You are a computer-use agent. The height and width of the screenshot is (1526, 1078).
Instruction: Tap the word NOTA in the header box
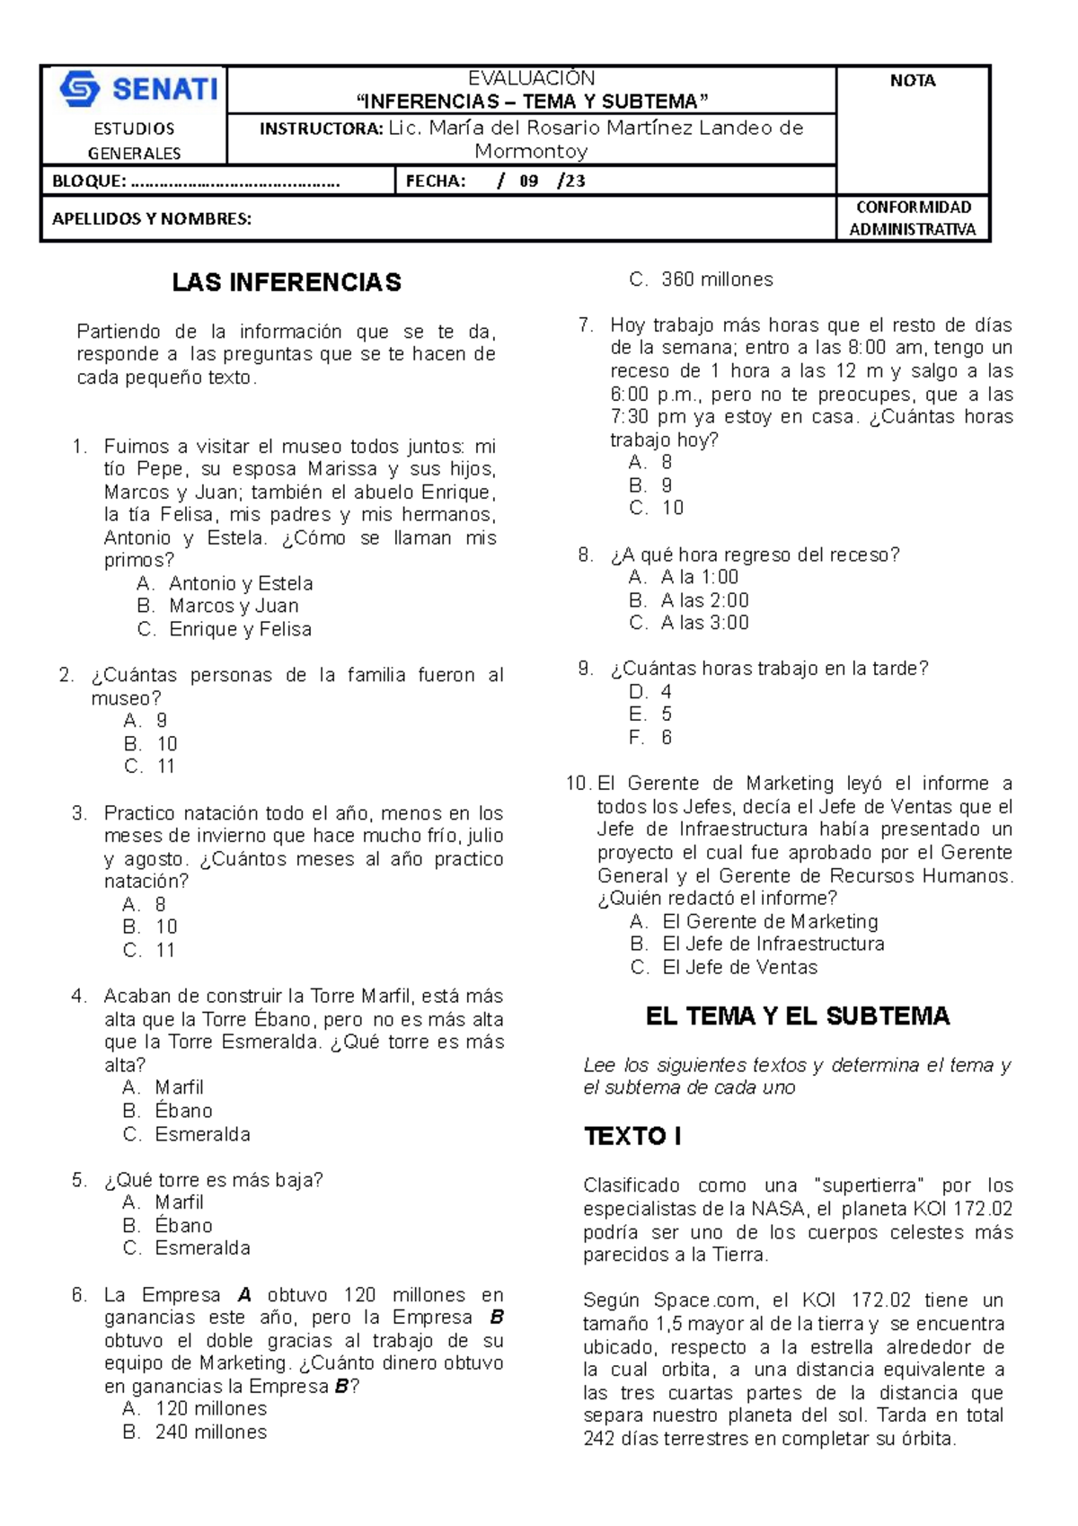(912, 81)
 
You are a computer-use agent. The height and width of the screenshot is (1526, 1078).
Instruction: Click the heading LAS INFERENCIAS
(287, 282)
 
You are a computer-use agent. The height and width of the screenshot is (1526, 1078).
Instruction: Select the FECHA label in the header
(436, 181)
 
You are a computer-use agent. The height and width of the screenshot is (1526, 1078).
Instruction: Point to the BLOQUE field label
(89, 181)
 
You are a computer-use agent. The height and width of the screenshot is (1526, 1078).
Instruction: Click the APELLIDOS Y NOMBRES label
(151, 218)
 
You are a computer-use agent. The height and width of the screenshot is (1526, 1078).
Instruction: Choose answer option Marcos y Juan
(234, 606)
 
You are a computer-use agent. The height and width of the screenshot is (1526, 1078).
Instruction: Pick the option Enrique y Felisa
(240, 629)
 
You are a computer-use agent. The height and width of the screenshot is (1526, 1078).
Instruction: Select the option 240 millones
(210, 1432)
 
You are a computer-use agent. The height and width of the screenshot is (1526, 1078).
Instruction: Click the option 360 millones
(716, 279)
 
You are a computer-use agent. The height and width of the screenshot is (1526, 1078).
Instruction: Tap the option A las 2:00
(704, 600)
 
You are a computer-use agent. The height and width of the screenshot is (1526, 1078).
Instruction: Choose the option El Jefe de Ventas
(739, 967)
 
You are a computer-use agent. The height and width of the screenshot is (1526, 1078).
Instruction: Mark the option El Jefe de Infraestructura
(773, 944)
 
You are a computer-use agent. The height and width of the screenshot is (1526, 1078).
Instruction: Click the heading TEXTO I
(632, 1136)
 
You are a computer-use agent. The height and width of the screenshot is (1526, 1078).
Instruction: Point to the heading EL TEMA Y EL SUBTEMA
(797, 1016)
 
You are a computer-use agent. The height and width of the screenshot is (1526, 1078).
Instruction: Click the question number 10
(578, 783)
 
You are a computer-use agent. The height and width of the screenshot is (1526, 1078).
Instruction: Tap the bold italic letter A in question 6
(244, 1295)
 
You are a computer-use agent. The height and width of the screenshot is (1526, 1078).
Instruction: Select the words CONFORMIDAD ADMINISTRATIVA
(912, 218)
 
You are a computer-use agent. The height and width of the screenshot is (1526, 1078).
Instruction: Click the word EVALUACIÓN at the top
(531, 78)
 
